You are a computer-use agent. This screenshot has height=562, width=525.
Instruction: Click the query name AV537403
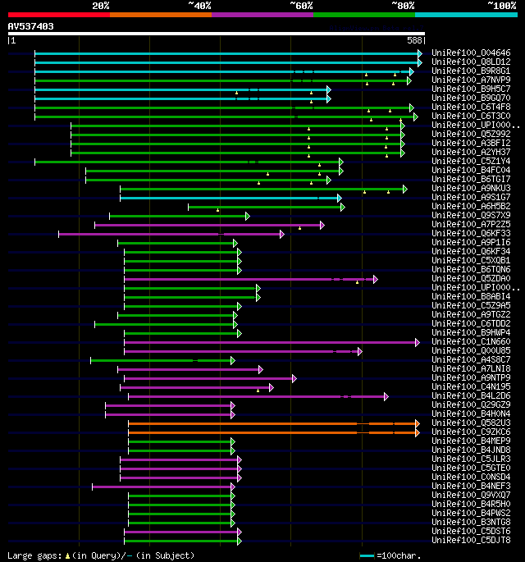tap(31, 26)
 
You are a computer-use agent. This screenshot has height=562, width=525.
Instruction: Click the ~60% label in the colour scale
tap(301, 5)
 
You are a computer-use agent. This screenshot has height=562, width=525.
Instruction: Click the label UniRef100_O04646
tap(471, 53)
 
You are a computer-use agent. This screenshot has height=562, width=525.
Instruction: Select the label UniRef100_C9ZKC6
tap(471, 432)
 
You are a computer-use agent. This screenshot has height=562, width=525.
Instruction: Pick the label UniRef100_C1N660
tap(471, 341)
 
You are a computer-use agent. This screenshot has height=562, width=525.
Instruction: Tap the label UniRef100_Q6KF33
tap(471, 233)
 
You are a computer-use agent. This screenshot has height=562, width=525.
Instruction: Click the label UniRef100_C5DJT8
tap(471, 540)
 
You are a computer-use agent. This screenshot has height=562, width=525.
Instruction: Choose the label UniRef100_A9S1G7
tap(471, 197)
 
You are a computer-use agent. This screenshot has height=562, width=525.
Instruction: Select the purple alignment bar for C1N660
tap(271, 341)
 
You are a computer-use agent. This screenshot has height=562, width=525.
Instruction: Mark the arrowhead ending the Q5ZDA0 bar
tap(376, 278)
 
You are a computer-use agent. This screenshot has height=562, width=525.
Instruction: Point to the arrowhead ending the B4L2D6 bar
tap(386, 395)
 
